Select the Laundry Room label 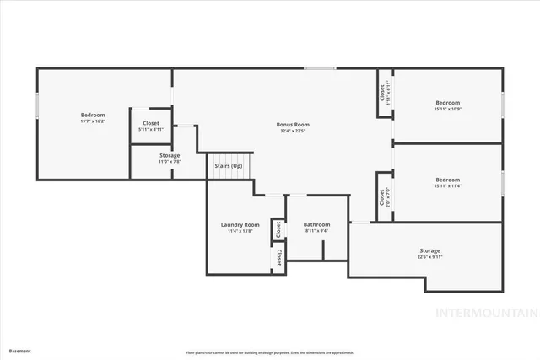tap(240, 225)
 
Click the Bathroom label tap(316, 224)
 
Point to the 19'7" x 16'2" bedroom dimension tap(93, 121)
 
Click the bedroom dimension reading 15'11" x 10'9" tap(447, 108)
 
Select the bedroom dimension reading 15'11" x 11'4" tap(447, 186)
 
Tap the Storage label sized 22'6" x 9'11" tap(429, 250)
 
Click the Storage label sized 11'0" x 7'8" tap(170, 155)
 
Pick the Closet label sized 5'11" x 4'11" tap(150, 123)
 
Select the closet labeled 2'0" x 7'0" tap(382, 197)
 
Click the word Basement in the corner tap(19, 351)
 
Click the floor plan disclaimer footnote tap(270, 352)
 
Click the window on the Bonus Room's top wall tap(320, 68)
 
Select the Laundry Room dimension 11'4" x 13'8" tap(240, 231)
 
